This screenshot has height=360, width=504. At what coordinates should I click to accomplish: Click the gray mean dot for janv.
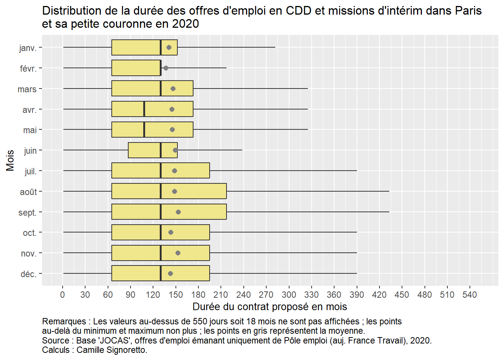click(x=169, y=48)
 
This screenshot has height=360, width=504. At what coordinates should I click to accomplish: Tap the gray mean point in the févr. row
click(x=166, y=68)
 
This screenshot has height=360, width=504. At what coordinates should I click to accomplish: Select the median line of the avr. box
click(x=144, y=109)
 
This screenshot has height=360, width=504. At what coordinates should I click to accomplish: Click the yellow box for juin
click(x=144, y=150)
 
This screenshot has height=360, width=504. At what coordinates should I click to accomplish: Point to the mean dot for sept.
click(x=178, y=212)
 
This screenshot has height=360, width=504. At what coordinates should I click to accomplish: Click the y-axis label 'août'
click(x=28, y=192)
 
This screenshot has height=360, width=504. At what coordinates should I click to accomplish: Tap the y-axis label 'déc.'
click(x=28, y=274)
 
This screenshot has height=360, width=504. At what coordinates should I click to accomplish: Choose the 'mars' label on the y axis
click(x=27, y=89)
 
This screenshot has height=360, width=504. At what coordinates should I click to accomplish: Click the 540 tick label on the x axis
click(x=469, y=295)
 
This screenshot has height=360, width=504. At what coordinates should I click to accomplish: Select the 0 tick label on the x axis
click(x=63, y=295)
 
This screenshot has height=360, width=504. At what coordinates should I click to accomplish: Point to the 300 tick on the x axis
click(x=289, y=295)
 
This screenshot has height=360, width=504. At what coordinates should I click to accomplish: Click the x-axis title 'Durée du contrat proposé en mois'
click(x=270, y=307)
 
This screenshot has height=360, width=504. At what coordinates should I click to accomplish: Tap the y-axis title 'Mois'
click(x=10, y=160)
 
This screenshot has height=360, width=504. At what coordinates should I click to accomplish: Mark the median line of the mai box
click(x=144, y=130)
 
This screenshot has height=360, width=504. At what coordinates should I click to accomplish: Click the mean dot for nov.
click(x=178, y=253)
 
